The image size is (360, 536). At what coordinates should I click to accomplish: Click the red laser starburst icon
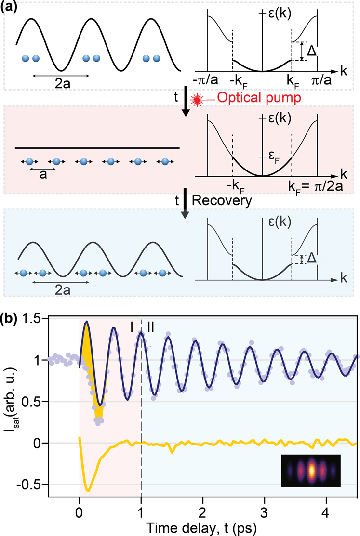click(197, 99)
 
